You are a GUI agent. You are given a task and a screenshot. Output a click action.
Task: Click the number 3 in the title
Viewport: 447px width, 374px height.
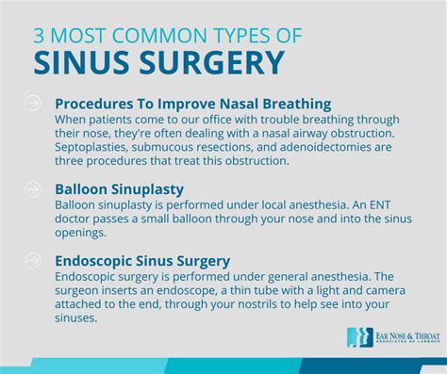[39, 36]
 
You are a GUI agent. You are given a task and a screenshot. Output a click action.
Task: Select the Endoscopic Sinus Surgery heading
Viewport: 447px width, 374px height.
[143, 260]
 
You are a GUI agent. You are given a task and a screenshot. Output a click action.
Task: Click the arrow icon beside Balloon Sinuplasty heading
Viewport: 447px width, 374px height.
[34, 189]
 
